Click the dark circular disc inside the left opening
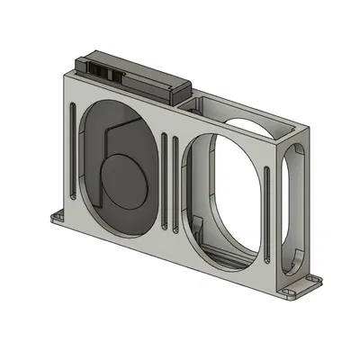(x=122, y=176)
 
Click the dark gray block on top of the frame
(x=135, y=76)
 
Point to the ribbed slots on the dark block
(x=101, y=69)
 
